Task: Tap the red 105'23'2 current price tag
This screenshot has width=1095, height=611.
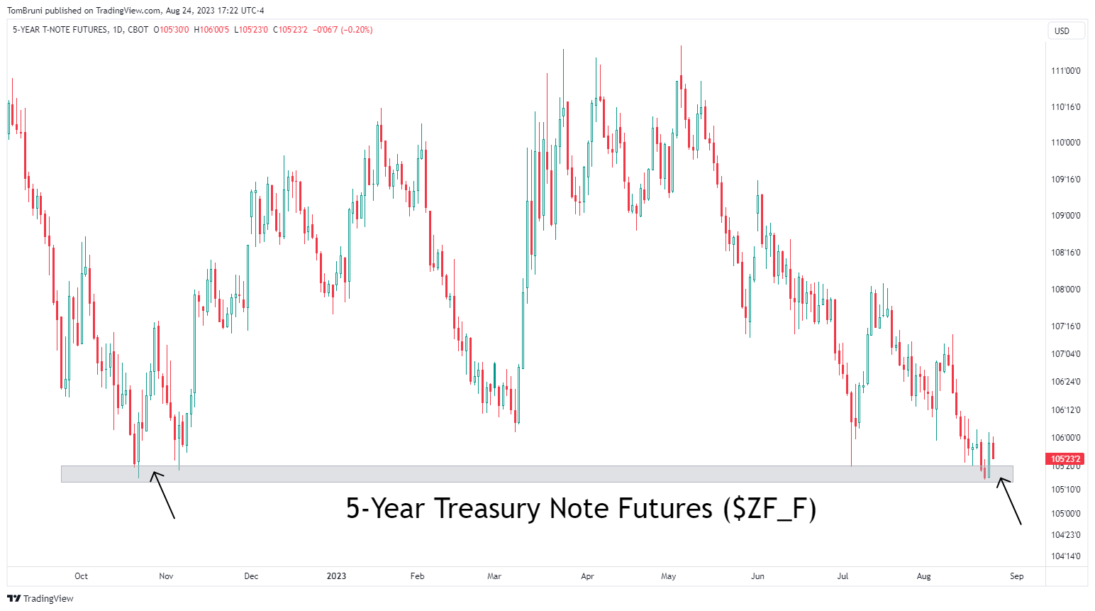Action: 1065,459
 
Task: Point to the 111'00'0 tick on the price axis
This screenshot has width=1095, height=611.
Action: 1065,71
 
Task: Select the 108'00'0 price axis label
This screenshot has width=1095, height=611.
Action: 1065,290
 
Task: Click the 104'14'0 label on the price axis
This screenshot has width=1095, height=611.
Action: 1065,556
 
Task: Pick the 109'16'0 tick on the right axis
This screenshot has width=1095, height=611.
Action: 1065,180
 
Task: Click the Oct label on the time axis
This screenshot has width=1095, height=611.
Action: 81,576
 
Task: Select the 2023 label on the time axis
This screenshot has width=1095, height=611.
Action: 336,576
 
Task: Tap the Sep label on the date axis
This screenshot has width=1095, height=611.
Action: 1016,576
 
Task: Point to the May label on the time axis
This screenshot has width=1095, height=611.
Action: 668,576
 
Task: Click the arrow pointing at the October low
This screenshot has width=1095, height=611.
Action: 162,495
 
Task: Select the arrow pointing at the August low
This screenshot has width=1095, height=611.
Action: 1010,501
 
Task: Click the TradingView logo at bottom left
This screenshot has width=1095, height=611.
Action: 40,598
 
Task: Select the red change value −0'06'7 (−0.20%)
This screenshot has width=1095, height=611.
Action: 343,30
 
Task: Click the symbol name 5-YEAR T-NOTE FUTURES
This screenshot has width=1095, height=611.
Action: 60,30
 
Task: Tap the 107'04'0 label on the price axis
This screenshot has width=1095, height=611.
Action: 1065,354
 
